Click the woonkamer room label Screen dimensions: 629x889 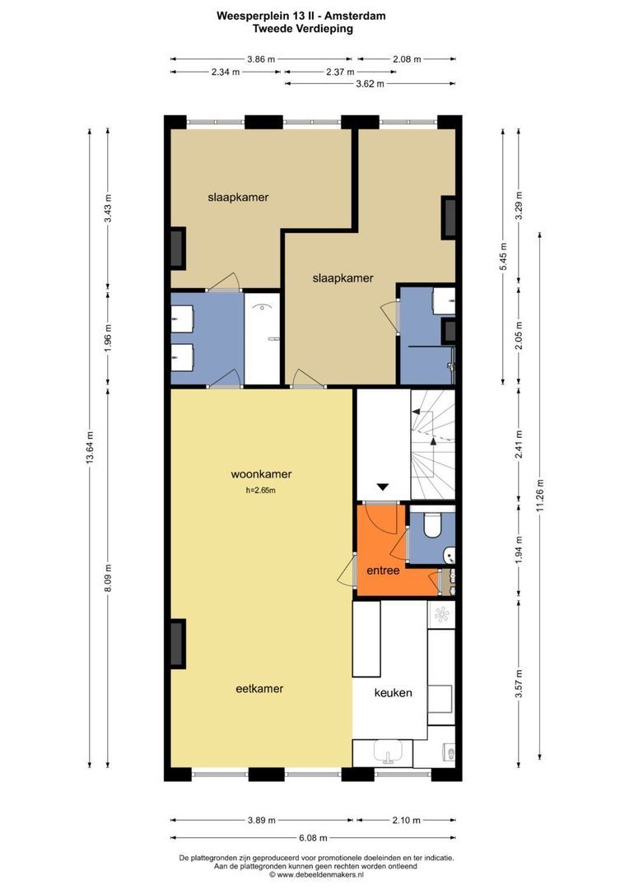(x=261, y=474)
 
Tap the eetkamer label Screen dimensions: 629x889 (x=259, y=689)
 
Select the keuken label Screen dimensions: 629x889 (x=393, y=692)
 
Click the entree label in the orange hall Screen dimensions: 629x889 (x=383, y=570)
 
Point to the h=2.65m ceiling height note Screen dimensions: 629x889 (x=261, y=491)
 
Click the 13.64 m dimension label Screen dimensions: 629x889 (x=90, y=449)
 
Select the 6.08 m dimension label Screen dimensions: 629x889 (x=313, y=838)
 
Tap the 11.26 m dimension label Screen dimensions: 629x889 (x=539, y=496)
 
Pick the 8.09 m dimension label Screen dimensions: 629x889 (x=108, y=579)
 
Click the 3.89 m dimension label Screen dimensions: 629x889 (x=262, y=820)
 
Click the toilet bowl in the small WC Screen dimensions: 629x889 (x=431, y=524)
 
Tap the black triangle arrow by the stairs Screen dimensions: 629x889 (x=383, y=486)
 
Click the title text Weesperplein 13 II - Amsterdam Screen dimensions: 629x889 (x=301, y=16)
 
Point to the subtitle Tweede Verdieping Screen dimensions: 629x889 (x=303, y=28)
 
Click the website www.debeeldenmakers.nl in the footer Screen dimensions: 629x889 (x=320, y=875)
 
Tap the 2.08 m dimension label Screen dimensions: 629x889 (x=407, y=59)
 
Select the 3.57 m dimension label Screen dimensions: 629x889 (x=519, y=684)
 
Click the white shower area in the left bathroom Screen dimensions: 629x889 (x=263, y=338)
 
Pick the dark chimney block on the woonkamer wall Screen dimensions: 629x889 (x=178, y=644)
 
